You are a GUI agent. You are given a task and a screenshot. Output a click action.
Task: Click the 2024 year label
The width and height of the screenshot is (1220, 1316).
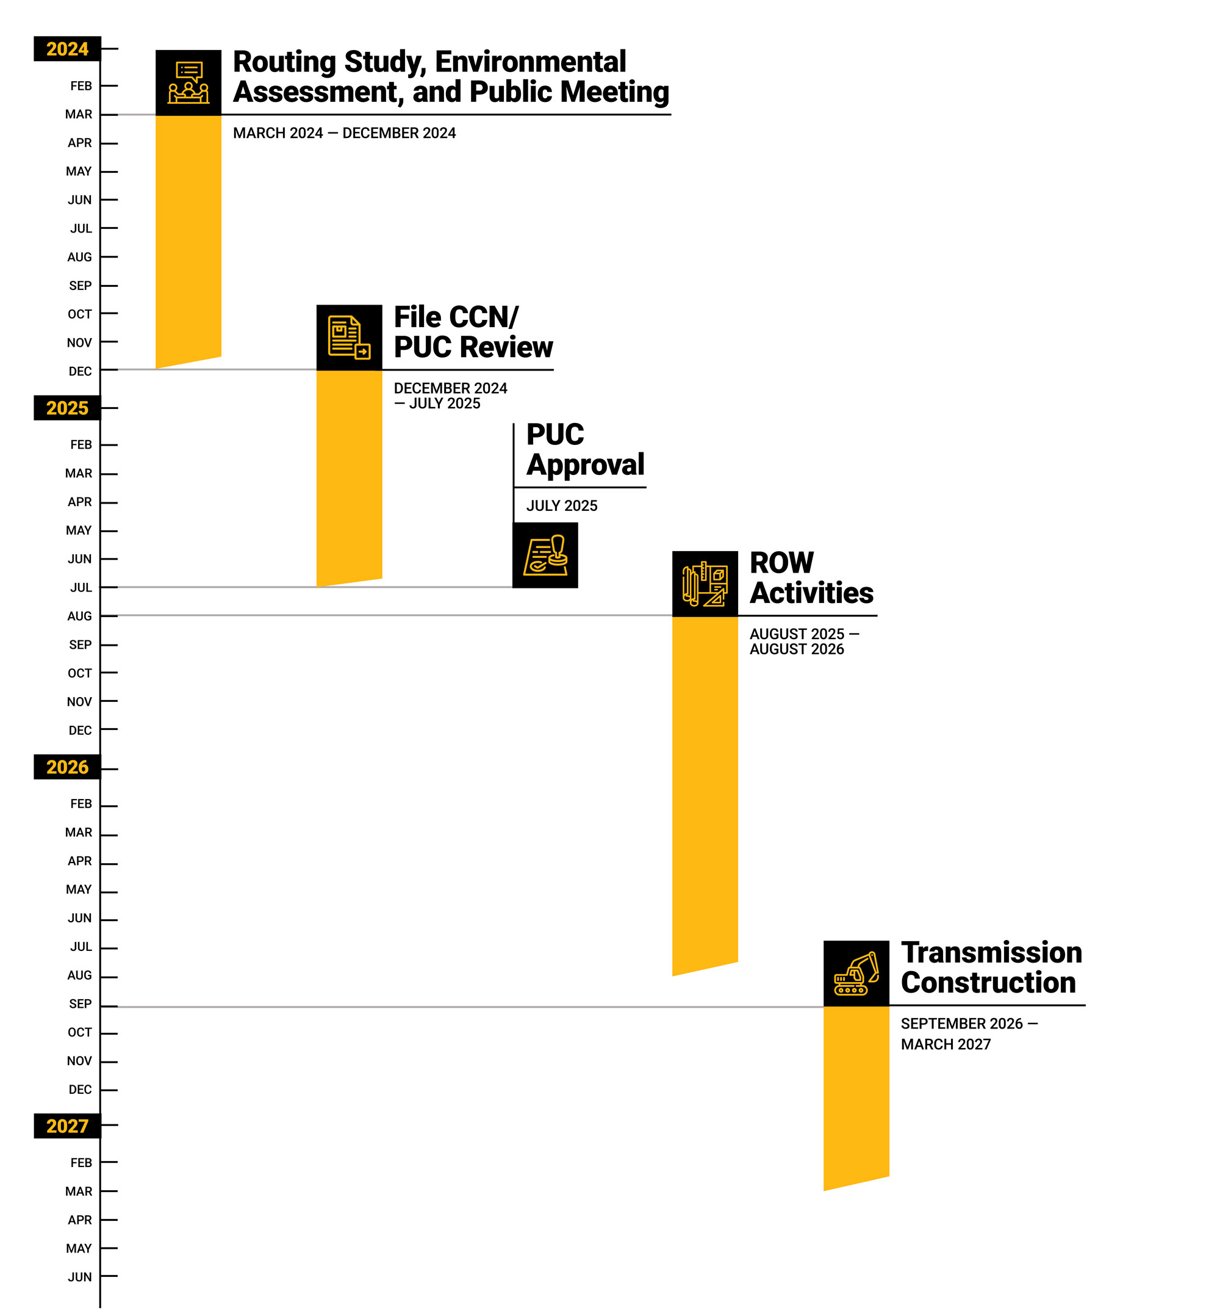(x=67, y=49)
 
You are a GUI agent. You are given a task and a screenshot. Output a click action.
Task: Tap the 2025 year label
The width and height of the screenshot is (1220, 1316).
(x=67, y=408)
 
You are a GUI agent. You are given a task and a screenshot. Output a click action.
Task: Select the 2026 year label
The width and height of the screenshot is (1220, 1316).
(x=67, y=767)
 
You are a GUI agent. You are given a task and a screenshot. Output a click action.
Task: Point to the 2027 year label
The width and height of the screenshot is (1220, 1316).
(x=67, y=1125)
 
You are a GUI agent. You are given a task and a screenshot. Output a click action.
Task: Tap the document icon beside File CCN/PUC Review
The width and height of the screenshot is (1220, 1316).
(x=350, y=337)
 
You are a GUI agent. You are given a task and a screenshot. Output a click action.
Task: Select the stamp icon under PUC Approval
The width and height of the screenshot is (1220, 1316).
(x=545, y=555)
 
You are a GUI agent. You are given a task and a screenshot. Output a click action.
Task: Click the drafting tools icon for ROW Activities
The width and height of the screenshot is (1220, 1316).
(x=705, y=584)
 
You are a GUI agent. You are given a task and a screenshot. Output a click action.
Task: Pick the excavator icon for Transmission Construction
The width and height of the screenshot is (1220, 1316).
(x=856, y=973)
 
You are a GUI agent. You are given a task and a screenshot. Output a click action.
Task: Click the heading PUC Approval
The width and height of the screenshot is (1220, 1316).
(x=585, y=449)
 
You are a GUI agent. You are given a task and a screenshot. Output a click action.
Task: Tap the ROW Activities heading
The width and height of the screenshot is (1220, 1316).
(x=811, y=577)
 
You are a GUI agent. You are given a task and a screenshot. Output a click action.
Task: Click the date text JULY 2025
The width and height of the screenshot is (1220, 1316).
(x=561, y=505)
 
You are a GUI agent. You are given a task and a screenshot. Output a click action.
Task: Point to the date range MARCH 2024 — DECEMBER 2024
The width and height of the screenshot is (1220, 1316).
(x=344, y=133)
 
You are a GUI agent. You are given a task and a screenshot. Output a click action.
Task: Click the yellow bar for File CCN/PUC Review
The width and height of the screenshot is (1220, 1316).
(x=350, y=475)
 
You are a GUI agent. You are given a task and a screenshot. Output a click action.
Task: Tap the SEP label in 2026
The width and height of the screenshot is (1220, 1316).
(x=80, y=1003)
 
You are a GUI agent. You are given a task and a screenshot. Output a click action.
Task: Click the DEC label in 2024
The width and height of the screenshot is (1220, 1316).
(x=80, y=371)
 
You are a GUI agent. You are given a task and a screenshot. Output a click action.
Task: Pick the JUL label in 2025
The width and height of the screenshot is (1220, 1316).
(x=81, y=587)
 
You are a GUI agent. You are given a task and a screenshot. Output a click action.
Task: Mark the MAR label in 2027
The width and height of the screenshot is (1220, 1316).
(x=79, y=1191)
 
